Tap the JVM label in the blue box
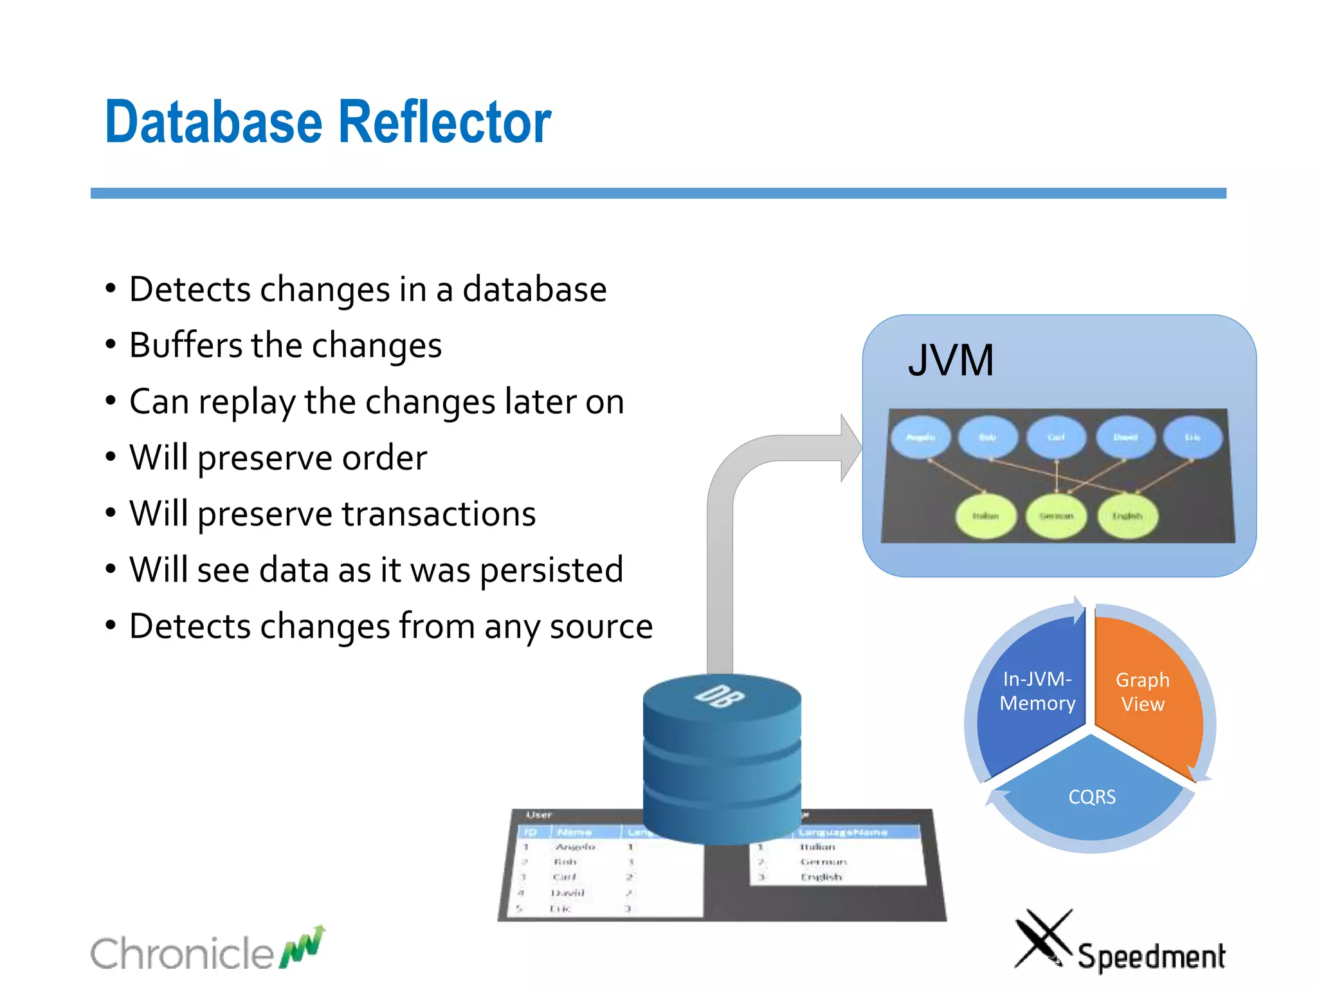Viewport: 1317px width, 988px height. (950, 360)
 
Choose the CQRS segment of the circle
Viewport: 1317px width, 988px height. (1092, 798)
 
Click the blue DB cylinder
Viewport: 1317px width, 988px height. (722, 759)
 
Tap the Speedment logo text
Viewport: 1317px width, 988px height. (1151, 956)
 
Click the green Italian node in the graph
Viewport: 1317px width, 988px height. (985, 516)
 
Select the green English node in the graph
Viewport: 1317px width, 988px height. (1127, 516)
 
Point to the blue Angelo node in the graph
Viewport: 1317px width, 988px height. (920, 437)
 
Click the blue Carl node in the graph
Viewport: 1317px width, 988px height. (1056, 437)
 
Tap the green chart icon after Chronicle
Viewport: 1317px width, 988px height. (303, 948)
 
